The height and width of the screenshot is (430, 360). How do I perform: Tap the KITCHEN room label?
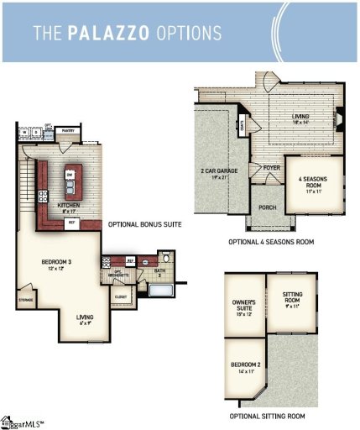pos(68,204)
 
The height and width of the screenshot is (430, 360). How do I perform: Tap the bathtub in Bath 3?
pos(159,291)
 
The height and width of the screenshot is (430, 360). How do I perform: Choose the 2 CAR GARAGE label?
pos(216,173)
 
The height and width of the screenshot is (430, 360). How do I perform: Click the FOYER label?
pos(270,167)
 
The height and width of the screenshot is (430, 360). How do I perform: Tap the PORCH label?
pos(267,207)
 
